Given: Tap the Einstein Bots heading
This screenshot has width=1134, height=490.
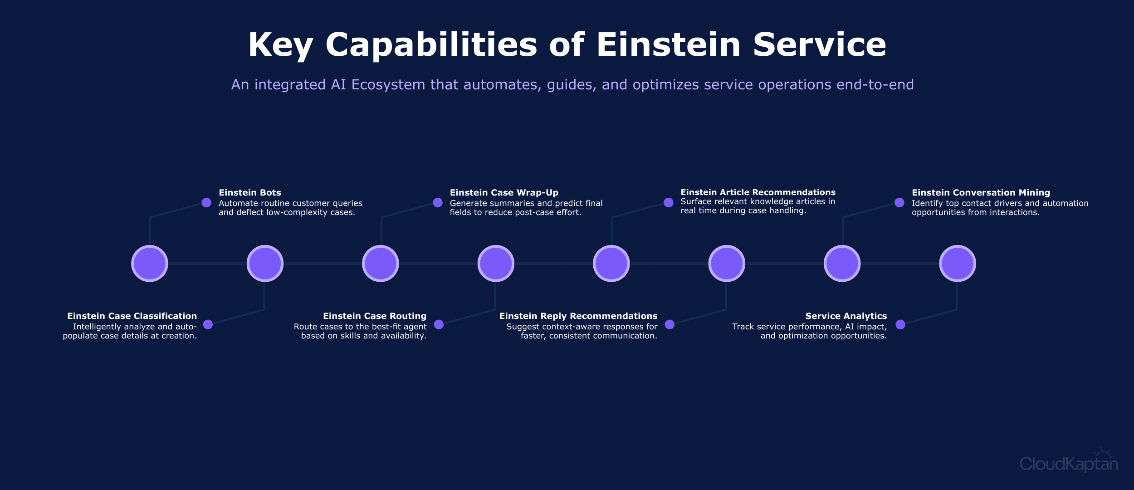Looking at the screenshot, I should click(250, 192).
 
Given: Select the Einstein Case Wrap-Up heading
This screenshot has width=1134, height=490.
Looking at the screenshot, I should click(504, 192).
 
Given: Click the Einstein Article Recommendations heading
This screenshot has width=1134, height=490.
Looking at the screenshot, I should click(758, 192).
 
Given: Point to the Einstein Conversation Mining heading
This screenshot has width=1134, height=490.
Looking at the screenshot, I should click(981, 192).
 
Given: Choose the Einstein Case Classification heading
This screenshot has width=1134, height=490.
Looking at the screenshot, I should click(132, 316).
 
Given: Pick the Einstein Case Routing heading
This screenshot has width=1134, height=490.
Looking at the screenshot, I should click(375, 316).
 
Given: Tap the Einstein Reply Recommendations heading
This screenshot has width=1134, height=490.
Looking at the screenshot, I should click(578, 316).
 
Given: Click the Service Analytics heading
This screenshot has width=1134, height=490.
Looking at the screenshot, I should click(846, 316).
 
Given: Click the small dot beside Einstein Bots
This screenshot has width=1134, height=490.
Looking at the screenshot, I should click(206, 202).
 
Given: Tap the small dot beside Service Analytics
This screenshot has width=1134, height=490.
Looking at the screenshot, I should click(900, 324).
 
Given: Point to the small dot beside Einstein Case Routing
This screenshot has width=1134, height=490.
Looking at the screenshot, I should click(439, 324).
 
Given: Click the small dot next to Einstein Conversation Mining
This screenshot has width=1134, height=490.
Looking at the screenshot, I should click(899, 202).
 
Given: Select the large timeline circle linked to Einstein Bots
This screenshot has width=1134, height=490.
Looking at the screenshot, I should click(150, 264).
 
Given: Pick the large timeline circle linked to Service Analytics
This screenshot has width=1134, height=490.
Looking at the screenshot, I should click(958, 264).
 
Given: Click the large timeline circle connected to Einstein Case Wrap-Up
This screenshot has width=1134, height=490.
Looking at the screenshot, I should click(381, 264).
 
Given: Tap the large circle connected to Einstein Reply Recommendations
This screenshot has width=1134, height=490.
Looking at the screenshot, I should click(727, 264).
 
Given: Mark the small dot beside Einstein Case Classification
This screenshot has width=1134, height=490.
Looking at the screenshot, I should click(208, 324).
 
